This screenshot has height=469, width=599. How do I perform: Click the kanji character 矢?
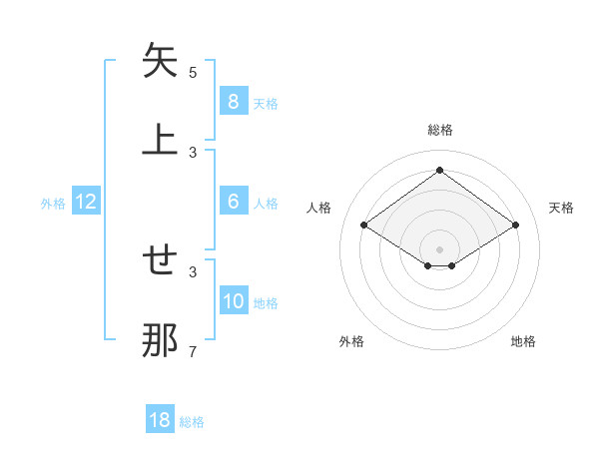click(160, 62)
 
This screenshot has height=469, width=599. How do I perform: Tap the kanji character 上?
click(160, 139)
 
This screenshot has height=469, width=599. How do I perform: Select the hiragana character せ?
click(160, 261)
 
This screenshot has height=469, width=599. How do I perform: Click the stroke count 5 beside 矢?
click(193, 73)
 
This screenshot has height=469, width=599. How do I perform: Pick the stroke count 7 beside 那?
click(193, 351)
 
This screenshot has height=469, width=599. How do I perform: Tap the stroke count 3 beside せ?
click(193, 271)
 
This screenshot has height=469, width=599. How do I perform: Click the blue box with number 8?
click(233, 101)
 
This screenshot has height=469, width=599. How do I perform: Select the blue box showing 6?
click(233, 202)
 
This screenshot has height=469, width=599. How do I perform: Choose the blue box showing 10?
click(233, 301)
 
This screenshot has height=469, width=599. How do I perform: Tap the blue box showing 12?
click(86, 202)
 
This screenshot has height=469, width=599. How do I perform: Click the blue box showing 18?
click(159, 420)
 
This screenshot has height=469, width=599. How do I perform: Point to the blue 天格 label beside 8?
click(265, 103)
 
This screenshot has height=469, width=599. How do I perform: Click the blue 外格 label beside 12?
click(53, 204)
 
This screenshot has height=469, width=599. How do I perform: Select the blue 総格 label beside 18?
click(192, 422)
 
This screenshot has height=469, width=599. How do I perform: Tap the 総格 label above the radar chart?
click(439, 130)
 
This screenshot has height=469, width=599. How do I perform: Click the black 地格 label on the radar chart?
click(523, 341)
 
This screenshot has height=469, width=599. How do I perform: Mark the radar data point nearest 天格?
click(515, 226)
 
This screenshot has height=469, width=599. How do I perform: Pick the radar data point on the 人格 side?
click(364, 226)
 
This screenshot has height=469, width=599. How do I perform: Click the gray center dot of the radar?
click(439, 248)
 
